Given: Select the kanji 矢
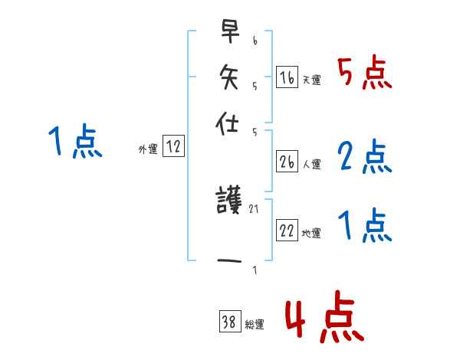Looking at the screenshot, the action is pyautogui.click(x=229, y=77).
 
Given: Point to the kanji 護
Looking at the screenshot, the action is pyautogui.click(x=229, y=202).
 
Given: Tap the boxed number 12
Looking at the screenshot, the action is pyautogui.click(x=174, y=147).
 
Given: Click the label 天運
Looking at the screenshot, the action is pyautogui.click(x=311, y=80).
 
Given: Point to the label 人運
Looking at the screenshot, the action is pyautogui.click(x=311, y=164).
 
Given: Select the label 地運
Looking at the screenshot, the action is pyautogui.click(x=311, y=234).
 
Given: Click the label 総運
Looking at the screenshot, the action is pyautogui.click(x=255, y=325).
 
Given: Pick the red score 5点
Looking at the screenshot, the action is pyautogui.click(x=365, y=74).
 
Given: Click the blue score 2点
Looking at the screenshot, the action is pyautogui.click(x=365, y=157).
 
